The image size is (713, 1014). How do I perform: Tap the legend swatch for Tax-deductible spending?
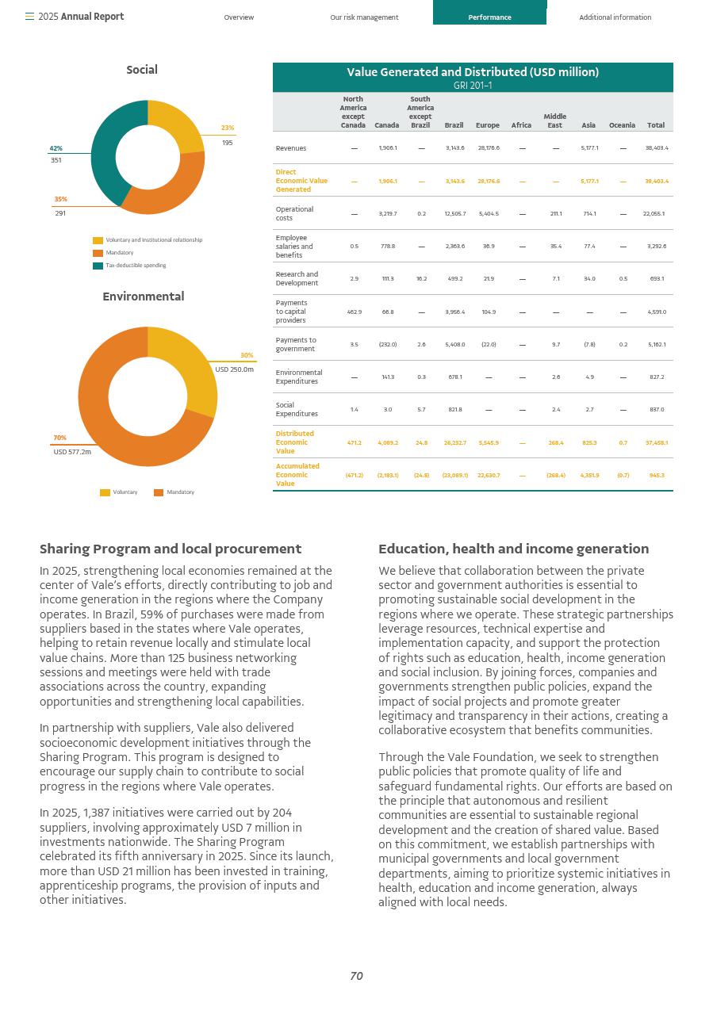(98, 266)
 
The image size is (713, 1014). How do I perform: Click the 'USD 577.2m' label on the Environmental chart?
(72, 452)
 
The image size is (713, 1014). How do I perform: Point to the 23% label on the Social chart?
(228, 128)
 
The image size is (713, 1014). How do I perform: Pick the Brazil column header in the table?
(454, 125)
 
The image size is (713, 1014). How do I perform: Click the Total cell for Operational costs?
(654, 214)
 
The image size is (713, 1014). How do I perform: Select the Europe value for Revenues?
(487, 148)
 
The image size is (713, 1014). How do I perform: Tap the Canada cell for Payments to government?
(387, 345)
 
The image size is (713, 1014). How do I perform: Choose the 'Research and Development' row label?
(297, 278)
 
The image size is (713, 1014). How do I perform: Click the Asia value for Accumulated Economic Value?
(589, 476)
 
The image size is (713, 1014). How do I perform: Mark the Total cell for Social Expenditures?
(656, 410)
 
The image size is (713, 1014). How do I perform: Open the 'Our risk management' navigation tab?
(364, 17)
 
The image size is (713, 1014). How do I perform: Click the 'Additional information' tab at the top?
(615, 17)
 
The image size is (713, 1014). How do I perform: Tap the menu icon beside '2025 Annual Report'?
(29, 17)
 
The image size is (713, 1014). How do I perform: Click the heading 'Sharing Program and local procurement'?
(171, 549)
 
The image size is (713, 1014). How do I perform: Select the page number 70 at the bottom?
(356, 976)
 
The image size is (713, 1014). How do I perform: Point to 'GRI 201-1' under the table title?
(473, 86)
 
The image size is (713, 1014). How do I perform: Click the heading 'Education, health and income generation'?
(513, 549)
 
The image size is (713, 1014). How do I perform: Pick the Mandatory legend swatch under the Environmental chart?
(159, 492)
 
